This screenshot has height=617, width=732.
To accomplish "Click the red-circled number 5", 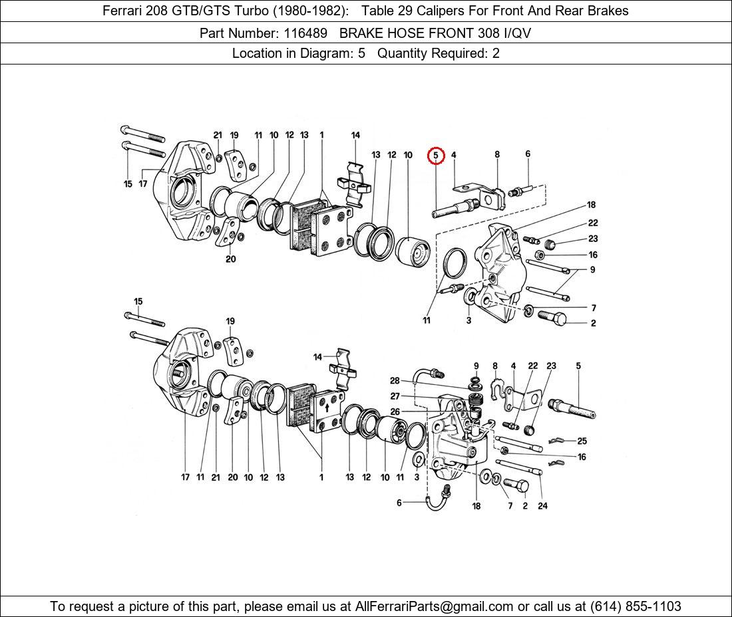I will (435, 156).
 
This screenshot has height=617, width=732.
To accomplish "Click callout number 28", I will (395, 381).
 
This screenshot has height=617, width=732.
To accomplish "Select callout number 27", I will (395, 396).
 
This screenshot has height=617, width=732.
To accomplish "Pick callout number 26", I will (395, 412).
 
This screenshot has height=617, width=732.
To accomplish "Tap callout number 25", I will (582, 441).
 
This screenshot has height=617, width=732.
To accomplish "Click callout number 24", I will (542, 505).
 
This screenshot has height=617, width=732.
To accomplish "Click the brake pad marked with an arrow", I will (327, 415).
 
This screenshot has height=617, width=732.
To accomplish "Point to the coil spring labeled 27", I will (475, 402).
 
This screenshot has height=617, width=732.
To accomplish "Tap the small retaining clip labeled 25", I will (558, 441).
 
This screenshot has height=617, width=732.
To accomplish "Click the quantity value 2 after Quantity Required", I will (496, 54).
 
